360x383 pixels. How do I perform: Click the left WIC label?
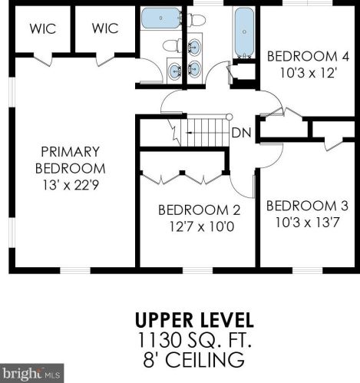43,28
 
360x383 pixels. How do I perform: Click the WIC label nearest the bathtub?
105,28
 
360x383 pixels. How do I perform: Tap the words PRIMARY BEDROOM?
70,160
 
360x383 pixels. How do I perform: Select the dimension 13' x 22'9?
71,185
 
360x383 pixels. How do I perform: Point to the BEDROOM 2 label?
200,210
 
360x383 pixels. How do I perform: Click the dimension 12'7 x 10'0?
202,226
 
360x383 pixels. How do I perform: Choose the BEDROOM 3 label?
307,206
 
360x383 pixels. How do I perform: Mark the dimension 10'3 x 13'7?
307,223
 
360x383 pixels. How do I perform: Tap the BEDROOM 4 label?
308,56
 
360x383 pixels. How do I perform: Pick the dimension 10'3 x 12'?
308,73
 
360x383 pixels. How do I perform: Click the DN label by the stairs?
241,133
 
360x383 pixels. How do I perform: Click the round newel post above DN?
230,117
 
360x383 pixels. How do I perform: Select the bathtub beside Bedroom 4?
244,32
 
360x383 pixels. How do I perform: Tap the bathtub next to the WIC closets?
161,18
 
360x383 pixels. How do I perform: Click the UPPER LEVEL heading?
194,320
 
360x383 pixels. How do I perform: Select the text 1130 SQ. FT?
194,339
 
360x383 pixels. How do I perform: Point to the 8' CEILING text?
193,359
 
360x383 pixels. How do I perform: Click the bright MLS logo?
31,373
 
